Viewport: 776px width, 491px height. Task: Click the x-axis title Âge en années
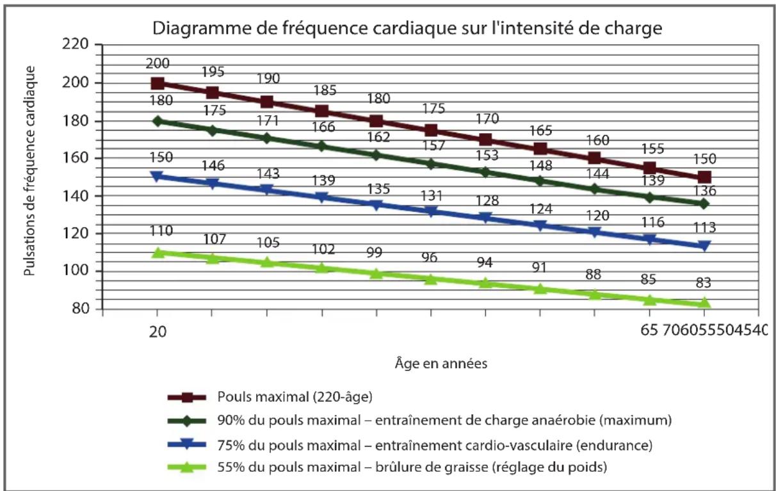point(441,364)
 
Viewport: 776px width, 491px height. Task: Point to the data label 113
point(704,227)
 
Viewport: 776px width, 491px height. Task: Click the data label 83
point(704,283)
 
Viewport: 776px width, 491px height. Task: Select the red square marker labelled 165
point(540,149)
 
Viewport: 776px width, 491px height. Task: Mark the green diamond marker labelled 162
point(376,155)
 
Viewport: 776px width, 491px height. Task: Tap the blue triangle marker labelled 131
point(431,212)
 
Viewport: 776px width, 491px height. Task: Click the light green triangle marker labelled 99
point(376,273)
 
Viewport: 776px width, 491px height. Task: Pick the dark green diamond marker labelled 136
point(704,204)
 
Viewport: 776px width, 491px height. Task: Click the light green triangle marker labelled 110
point(158,253)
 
